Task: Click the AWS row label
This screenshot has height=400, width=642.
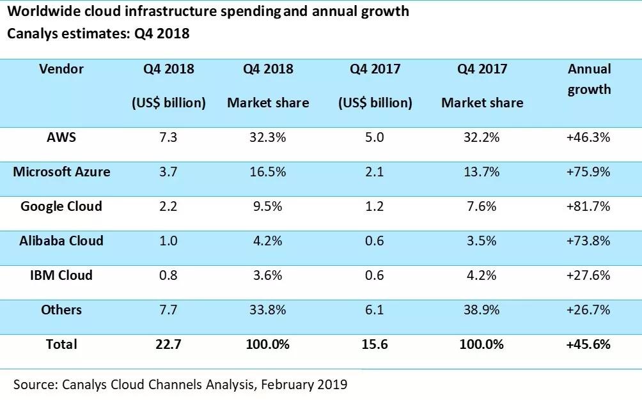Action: [x=61, y=137]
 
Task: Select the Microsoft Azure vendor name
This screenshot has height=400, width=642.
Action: [x=61, y=171]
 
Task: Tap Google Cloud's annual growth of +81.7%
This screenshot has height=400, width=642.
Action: [x=588, y=206]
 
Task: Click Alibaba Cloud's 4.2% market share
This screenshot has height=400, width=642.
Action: [x=268, y=241]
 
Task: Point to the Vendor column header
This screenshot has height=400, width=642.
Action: [x=61, y=68]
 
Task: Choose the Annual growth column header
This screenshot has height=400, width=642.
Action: [x=589, y=79]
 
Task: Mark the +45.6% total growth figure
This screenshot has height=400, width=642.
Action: [x=588, y=344]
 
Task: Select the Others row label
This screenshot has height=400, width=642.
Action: [x=61, y=310]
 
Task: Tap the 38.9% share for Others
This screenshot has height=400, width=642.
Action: [x=481, y=310]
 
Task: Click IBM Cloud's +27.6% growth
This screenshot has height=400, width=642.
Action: [x=588, y=275]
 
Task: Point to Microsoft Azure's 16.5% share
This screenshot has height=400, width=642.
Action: [x=268, y=171]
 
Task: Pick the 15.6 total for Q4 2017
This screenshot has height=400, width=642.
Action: [x=375, y=344]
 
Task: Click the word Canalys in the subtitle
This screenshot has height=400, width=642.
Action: [x=33, y=33]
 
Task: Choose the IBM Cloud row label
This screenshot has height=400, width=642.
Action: [x=61, y=275]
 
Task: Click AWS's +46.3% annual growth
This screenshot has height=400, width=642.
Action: [x=588, y=137]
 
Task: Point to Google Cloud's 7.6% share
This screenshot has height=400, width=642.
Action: [x=481, y=206]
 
